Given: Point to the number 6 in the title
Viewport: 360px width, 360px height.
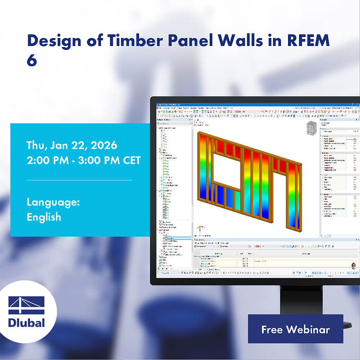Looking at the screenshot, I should [32, 61].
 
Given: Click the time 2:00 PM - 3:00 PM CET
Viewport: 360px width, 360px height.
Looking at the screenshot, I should [84, 160].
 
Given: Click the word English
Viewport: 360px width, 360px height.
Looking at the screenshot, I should [44, 216].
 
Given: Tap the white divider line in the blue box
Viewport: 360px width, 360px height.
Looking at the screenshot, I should [79, 180].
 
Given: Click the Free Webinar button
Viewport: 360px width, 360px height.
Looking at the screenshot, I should [295, 329].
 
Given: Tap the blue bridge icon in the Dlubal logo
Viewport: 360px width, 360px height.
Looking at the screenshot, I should [26, 305].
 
